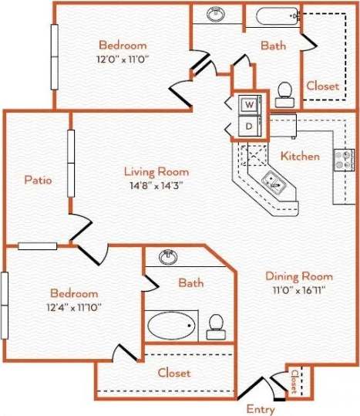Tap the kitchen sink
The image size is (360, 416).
pyautogui.click(x=273, y=182)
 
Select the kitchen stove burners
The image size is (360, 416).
pyautogui.click(x=343, y=160)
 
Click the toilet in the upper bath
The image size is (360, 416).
pyautogui.click(x=284, y=93)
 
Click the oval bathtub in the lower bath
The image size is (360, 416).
pyautogui.click(x=172, y=326)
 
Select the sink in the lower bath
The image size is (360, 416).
pyautogui.click(x=167, y=257)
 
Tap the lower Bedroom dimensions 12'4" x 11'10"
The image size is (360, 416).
pyautogui.click(x=74, y=306)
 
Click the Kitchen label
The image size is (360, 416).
pyautogui.click(x=300, y=156)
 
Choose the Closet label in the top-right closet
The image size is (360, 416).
pyautogui.click(x=322, y=86)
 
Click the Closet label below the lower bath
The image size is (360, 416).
pyautogui.click(x=174, y=372)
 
